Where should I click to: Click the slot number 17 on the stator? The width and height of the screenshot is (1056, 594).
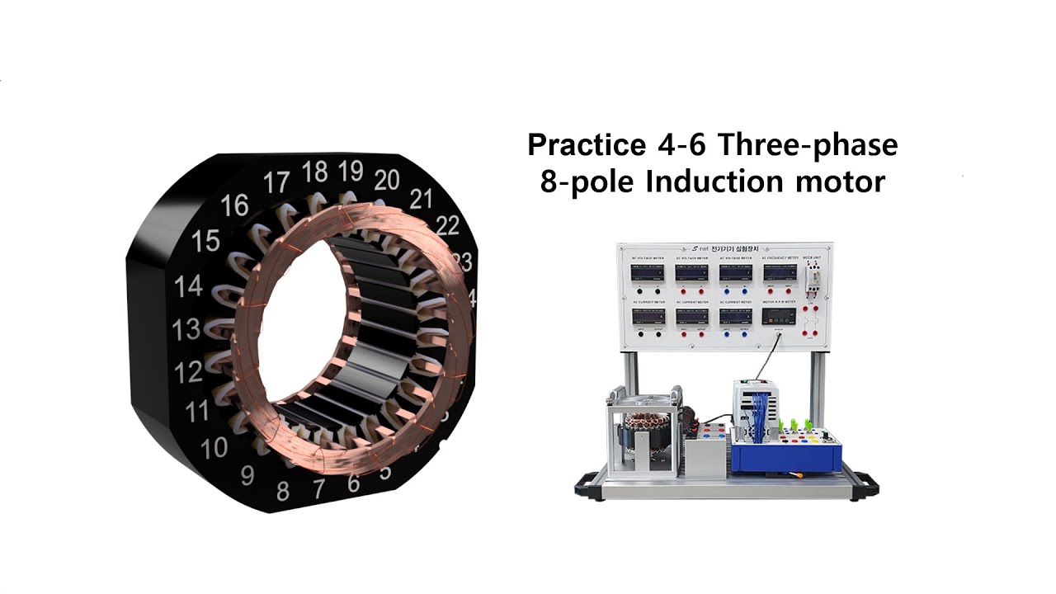point(277,181)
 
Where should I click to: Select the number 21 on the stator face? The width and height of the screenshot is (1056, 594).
point(422,198)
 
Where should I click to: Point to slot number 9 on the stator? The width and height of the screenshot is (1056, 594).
point(247,475)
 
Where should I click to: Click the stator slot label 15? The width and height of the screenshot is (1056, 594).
point(205,241)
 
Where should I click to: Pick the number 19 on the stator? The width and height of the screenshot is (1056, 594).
point(350,171)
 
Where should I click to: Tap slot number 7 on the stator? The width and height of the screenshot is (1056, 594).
point(318,489)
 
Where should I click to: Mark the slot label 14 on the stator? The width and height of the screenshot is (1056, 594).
point(189,285)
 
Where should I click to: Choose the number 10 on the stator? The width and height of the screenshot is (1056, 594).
point(214,448)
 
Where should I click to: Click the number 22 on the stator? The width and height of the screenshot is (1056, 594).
point(447,225)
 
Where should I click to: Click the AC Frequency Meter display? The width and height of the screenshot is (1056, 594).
point(780,273)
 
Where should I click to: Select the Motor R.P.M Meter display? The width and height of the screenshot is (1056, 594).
point(780,317)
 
